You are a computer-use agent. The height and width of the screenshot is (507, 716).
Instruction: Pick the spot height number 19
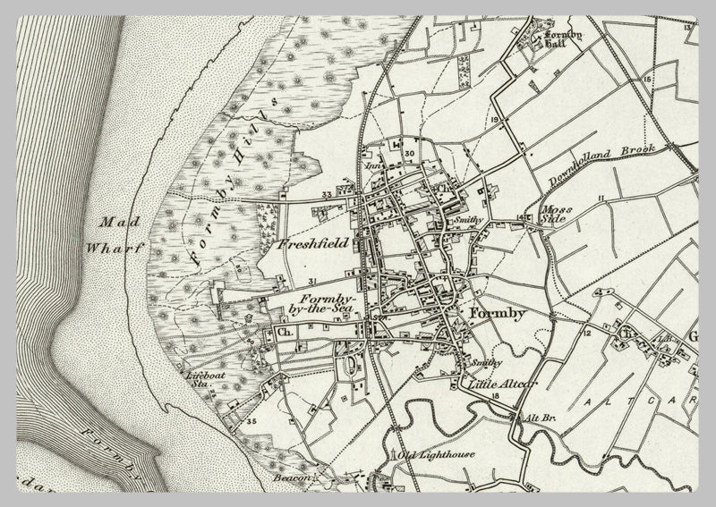coord(493,119)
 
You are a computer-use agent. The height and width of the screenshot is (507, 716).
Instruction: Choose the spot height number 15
coord(646,80)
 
